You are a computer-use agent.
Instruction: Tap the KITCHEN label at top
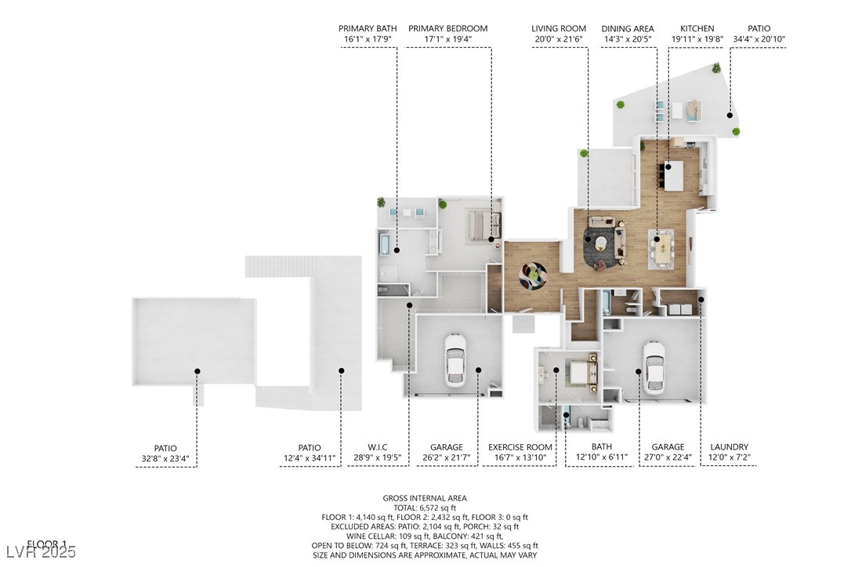coord(697,28)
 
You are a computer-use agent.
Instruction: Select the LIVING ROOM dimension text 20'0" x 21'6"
coord(558,39)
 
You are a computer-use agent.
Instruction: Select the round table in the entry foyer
coord(534,273)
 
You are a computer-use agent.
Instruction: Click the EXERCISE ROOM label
coord(520,447)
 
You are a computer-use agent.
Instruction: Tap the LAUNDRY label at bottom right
coord(729,447)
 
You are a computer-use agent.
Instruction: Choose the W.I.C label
coord(378,447)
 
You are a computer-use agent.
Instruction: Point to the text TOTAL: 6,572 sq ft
coord(424,507)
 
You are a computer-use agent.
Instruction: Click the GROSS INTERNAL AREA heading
coord(424,498)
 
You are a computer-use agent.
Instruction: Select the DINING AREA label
coord(628,28)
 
